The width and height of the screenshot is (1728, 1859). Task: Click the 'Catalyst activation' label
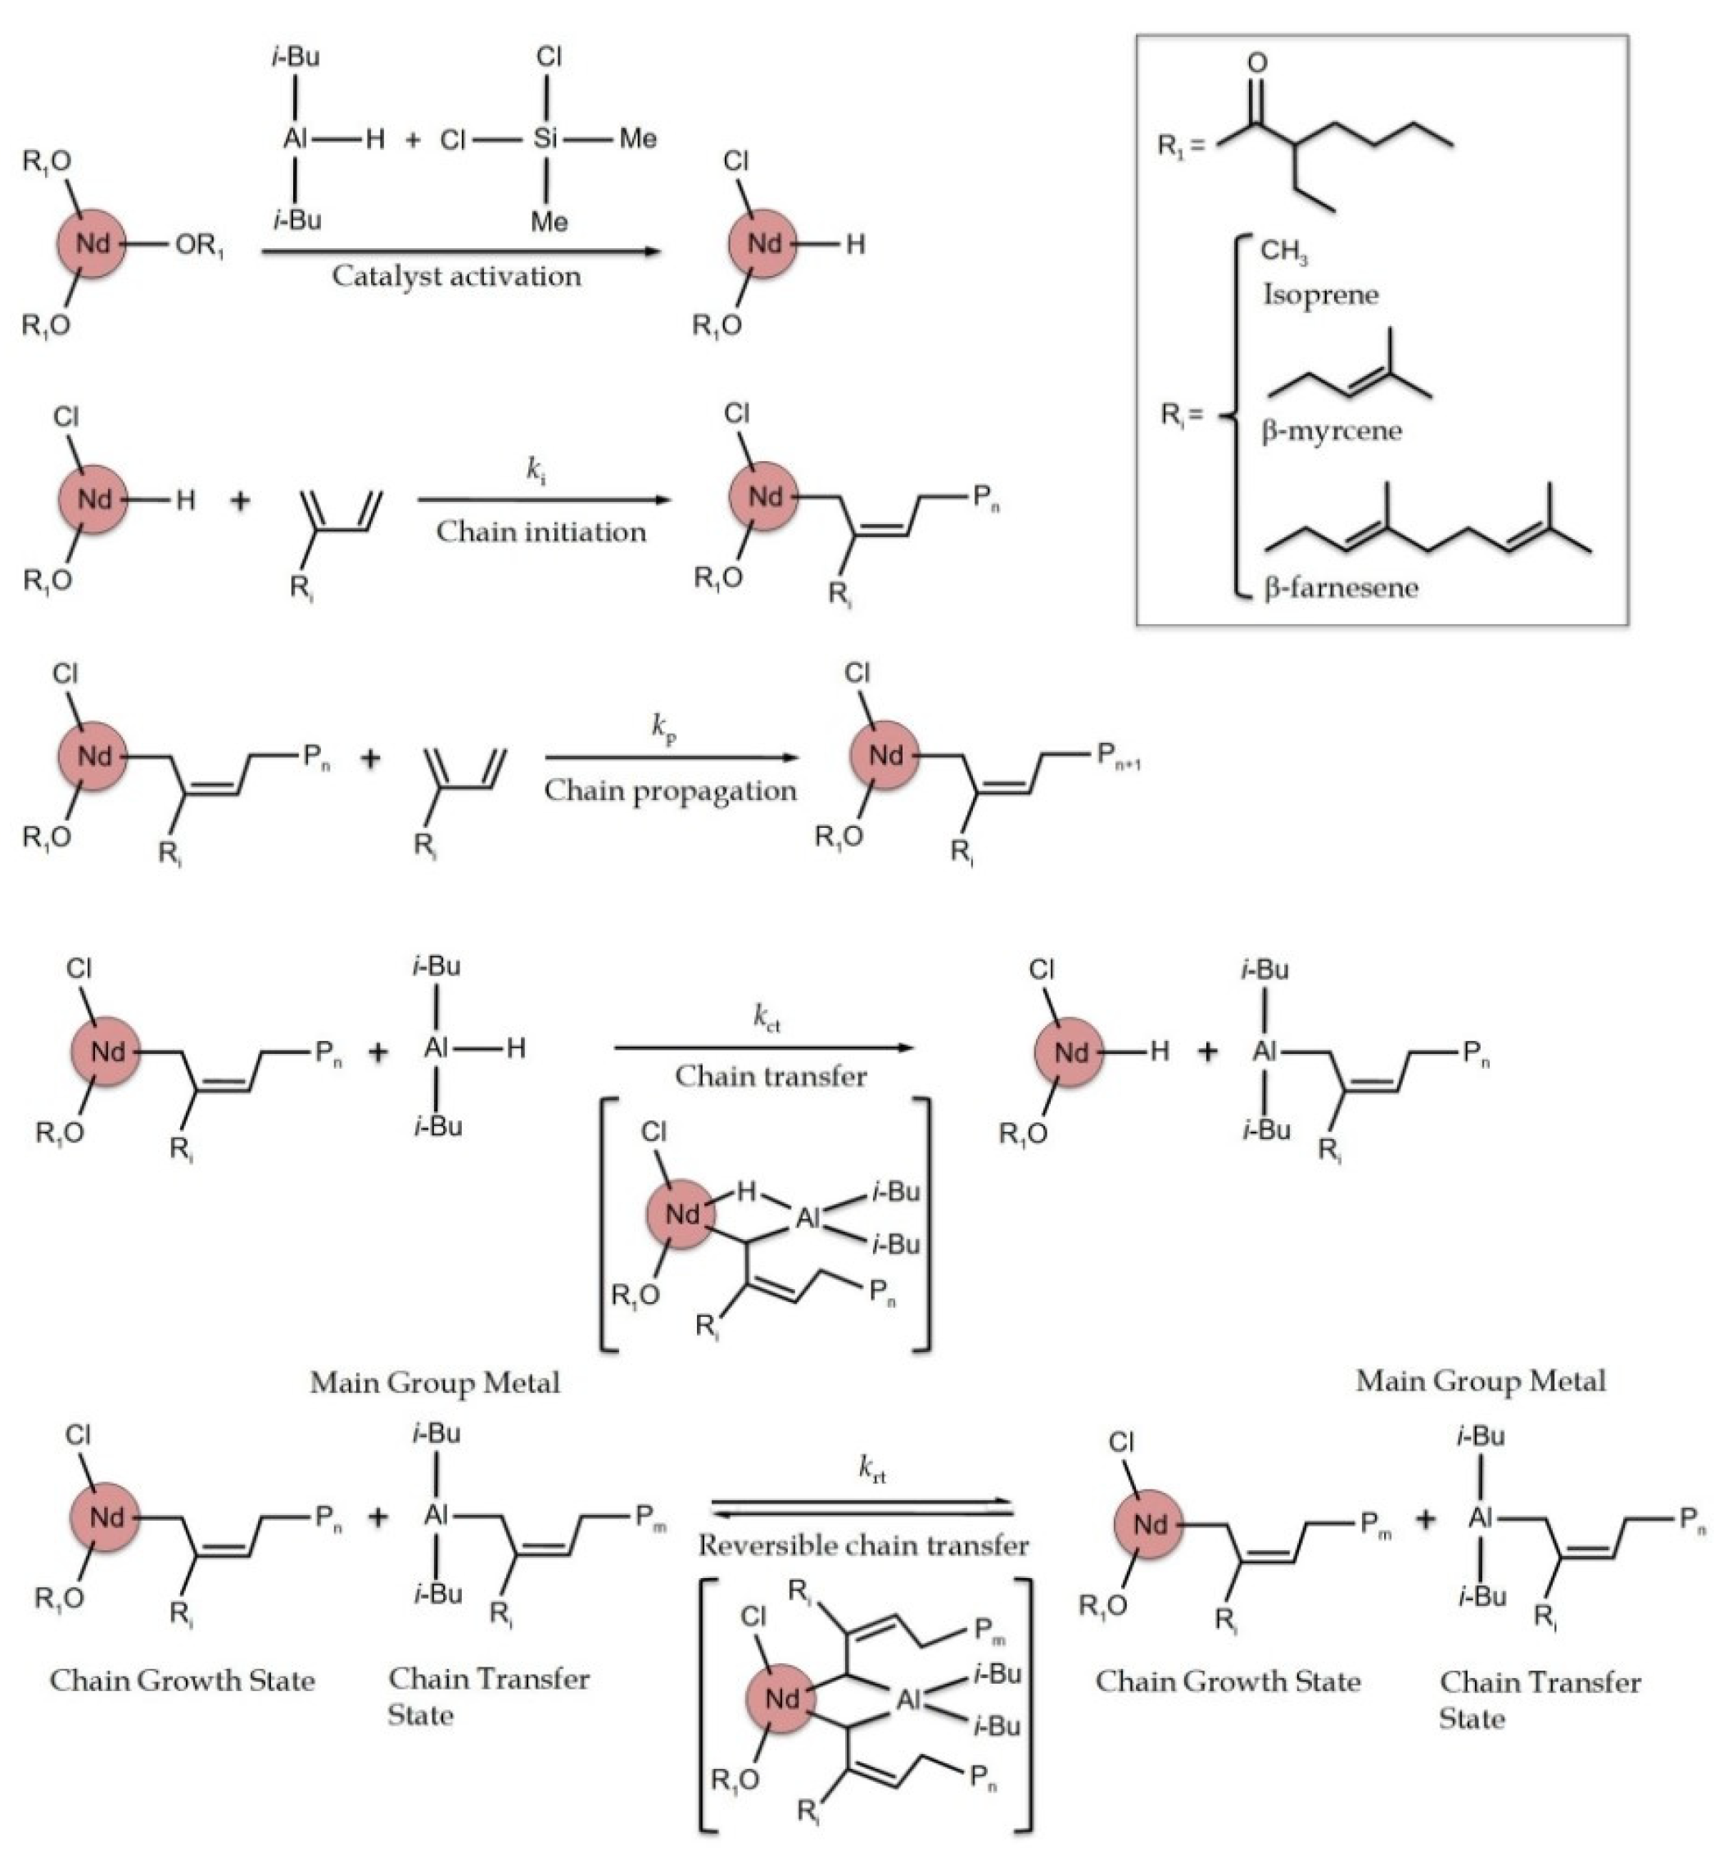[456, 277]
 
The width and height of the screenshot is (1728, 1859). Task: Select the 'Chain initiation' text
[541, 532]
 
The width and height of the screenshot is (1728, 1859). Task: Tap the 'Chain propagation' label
[671, 791]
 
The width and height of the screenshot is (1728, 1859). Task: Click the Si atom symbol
[546, 139]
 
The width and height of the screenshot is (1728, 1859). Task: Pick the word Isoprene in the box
[1320, 296]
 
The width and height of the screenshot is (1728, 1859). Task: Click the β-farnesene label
[1341, 588]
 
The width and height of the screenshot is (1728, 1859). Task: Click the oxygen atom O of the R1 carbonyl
[1258, 64]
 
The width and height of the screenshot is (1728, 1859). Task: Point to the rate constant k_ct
[767, 1016]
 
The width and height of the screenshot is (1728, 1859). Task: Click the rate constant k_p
[664, 727]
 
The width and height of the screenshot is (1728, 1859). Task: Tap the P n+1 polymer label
[1119, 757]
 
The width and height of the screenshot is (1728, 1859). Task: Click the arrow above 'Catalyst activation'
[461, 251]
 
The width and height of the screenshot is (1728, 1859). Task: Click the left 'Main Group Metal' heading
[435, 1383]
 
